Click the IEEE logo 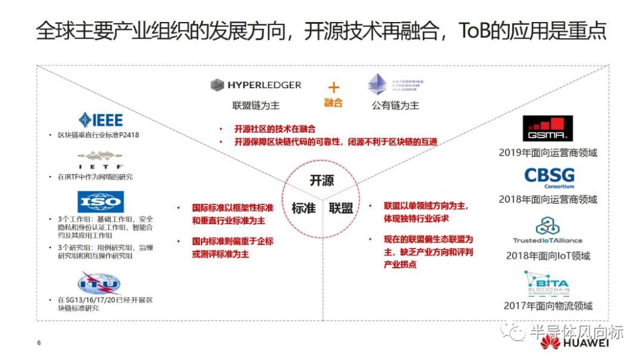pos(100,119)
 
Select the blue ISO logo pos(101,202)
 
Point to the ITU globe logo pos(99,282)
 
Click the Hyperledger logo pos(256,85)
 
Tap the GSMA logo pos(547,129)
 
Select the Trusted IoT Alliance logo pos(547,230)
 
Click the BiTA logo pos(547,284)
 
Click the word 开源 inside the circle pos(322,181)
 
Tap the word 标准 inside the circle pos(304,208)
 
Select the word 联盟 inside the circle pos(340,208)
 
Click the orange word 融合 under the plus pos(333,103)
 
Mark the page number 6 pos(39,343)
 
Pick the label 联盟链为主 pos(256,105)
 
